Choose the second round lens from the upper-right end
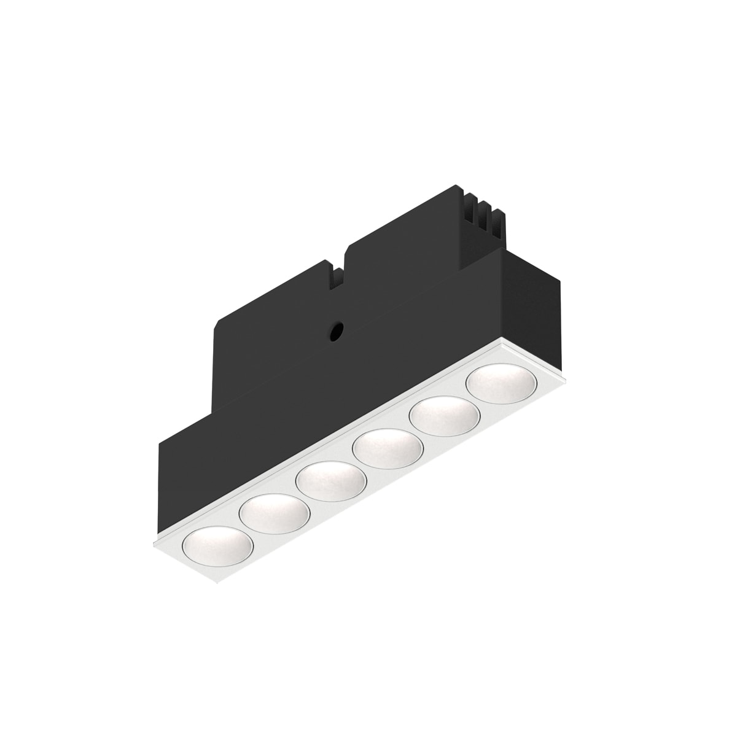[444, 415]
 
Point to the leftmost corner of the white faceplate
[152, 543]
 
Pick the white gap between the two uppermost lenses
[472, 400]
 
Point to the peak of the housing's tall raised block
[455, 187]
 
